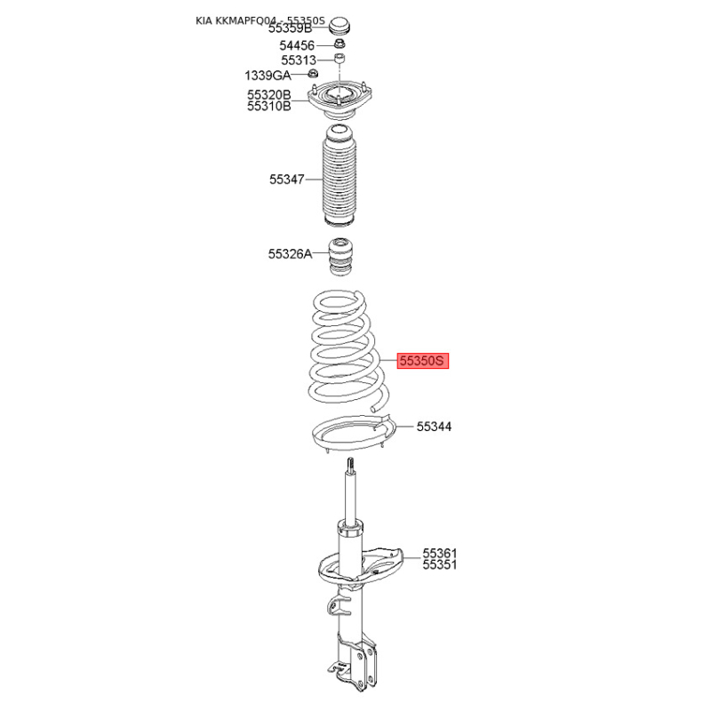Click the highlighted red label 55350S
click(423, 361)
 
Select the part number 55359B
click(291, 28)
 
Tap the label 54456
click(297, 45)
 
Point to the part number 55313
click(299, 60)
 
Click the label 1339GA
click(268, 75)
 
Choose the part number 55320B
click(269, 95)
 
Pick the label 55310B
click(269, 106)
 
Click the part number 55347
click(286, 180)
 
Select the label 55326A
click(291, 254)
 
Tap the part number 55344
click(434, 427)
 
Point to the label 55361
click(440, 553)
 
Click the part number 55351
click(440, 565)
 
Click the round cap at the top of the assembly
click(340, 26)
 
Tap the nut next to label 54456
click(340, 44)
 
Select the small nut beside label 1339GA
click(313, 73)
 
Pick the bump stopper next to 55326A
click(340, 256)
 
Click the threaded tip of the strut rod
click(350, 465)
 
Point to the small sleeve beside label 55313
click(340, 58)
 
